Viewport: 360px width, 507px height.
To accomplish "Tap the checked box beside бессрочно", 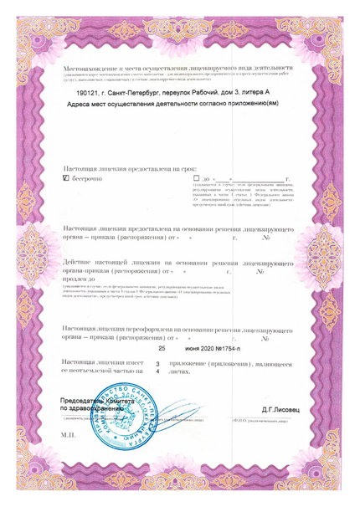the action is (x=67, y=178).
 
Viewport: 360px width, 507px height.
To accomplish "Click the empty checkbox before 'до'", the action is (x=196, y=178).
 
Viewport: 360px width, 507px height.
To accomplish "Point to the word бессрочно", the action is (x=88, y=178).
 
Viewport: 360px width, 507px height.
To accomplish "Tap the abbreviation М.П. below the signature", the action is (x=68, y=436).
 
